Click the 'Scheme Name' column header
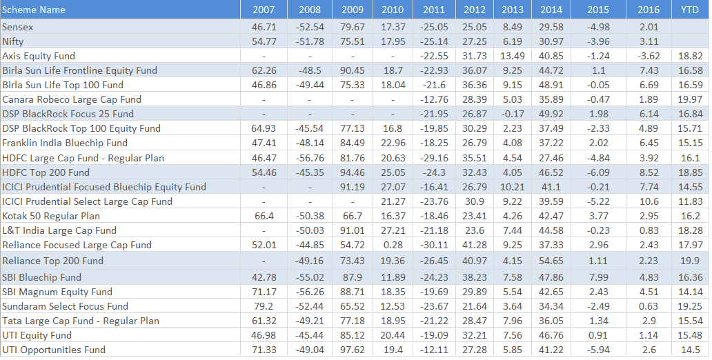coord(34,10)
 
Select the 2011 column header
coord(434,10)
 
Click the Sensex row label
coord(18,27)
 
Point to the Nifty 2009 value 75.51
coord(352,41)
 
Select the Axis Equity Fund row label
coord(39,56)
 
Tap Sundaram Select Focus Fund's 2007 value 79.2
coord(264,306)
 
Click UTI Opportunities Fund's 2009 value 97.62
coord(352,350)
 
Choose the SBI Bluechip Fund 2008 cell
coord(309,277)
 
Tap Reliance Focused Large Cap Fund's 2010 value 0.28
coord(393,245)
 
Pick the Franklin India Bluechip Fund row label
coord(65,143)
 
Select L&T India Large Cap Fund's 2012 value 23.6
coord(475,230)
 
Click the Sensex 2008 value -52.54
coord(309,27)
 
